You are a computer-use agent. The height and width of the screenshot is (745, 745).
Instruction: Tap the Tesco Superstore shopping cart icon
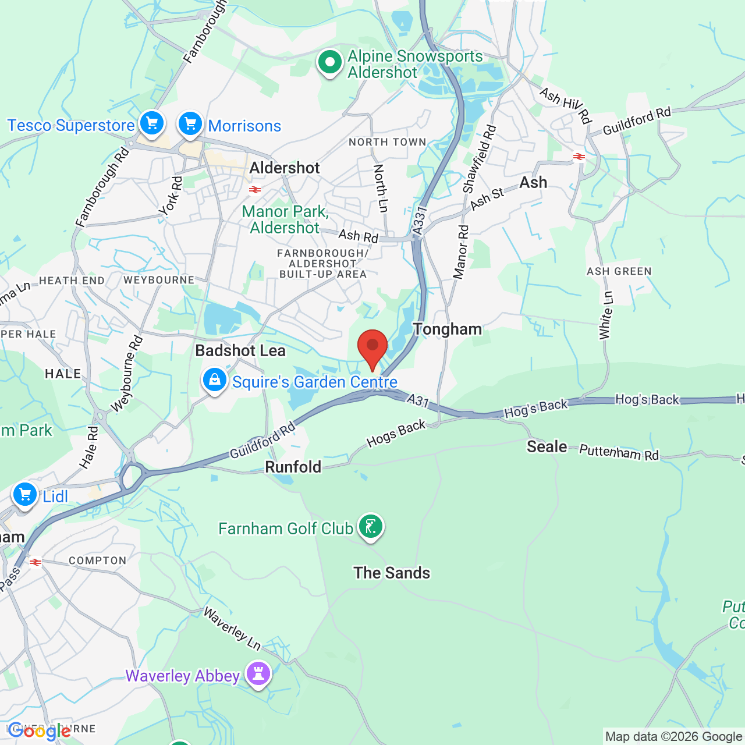(152, 123)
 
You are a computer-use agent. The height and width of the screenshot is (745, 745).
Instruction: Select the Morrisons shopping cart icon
(190, 123)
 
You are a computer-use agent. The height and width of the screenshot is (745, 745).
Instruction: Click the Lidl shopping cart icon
(25, 495)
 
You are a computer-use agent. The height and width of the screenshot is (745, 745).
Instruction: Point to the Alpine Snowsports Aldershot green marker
(330, 62)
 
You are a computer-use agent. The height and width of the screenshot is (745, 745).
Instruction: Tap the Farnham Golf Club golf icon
(370, 527)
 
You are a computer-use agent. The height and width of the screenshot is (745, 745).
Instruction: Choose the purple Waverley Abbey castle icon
(258, 674)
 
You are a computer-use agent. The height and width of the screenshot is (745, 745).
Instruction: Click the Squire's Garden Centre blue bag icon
(215, 381)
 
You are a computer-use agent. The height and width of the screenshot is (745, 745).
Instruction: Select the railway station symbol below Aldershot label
(254, 189)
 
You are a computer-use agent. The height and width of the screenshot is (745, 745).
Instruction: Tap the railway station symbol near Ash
(579, 157)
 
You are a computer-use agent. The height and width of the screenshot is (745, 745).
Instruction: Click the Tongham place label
(448, 329)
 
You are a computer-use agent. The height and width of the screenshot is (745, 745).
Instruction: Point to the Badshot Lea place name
(240, 350)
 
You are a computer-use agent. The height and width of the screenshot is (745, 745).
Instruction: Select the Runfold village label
(293, 467)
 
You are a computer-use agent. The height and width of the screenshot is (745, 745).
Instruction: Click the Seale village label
(547, 446)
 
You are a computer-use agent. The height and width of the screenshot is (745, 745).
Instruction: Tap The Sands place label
(392, 573)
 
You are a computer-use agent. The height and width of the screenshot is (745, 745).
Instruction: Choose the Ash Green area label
(619, 271)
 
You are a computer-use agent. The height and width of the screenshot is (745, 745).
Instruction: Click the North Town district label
(388, 142)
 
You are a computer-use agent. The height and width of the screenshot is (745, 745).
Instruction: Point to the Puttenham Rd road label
(619, 452)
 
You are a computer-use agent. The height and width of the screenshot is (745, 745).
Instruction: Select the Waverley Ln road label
(232, 629)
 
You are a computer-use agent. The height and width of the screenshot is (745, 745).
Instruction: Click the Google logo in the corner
(39, 730)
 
